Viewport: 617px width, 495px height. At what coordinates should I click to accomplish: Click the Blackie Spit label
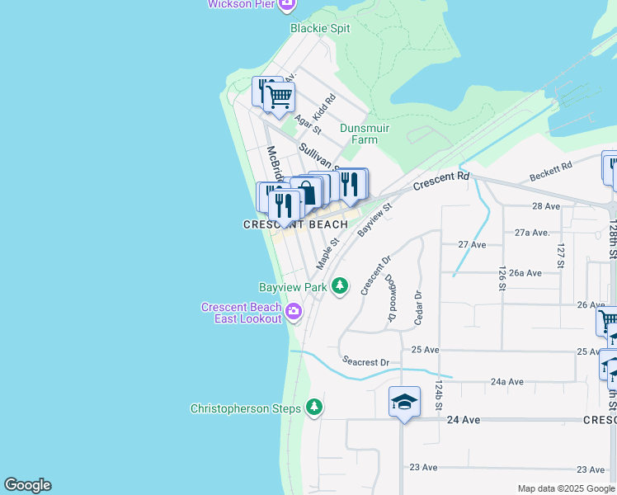(x=320, y=28)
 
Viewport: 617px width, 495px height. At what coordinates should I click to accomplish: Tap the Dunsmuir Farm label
(x=365, y=134)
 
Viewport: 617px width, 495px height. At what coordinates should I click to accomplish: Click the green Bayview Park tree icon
(x=340, y=286)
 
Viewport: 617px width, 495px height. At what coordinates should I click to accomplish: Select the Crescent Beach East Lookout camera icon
(x=294, y=312)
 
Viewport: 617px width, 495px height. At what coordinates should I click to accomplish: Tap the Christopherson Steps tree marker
(x=313, y=408)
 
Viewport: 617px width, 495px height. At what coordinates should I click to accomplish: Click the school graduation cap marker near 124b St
(x=404, y=402)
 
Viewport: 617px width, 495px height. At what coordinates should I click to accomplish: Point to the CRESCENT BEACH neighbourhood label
(x=295, y=224)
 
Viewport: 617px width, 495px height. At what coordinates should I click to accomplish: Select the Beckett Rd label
(x=552, y=172)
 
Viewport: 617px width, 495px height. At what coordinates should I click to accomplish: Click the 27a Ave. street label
(x=532, y=233)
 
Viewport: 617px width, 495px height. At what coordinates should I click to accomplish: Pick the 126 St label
(x=502, y=279)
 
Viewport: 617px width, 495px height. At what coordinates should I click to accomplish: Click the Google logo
(x=27, y=485)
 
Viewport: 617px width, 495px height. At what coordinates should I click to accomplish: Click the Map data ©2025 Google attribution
(x=565, y=488)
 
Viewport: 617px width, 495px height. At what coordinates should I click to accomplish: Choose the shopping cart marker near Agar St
(x=280, y=97)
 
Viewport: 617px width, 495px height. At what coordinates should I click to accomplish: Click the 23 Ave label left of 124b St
(x=424, y=468)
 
